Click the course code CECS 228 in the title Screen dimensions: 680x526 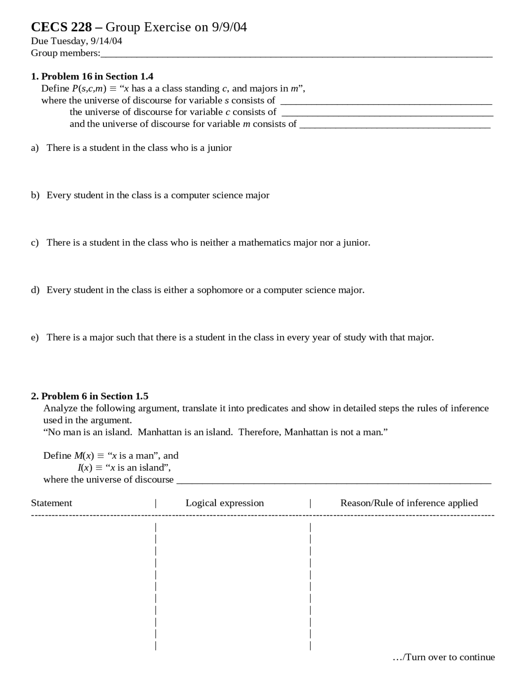(61, 27)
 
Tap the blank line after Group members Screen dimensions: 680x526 (296, 55)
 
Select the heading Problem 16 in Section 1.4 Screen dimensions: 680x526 (97, 76)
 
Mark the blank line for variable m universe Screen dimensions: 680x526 (394, 126)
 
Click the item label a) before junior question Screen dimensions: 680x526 (35, 148)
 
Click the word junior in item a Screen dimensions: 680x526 (219, 148)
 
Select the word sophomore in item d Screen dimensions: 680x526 (219, 290)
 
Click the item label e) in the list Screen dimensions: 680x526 (35, 338)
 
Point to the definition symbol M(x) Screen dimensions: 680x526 (84, 456)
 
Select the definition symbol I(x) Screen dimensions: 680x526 (85, 468)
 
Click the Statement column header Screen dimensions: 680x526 (51, 503)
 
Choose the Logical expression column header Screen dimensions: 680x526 (224, 503)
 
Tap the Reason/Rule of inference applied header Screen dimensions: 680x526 (408, 503)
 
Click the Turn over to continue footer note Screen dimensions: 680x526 (444, 657)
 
